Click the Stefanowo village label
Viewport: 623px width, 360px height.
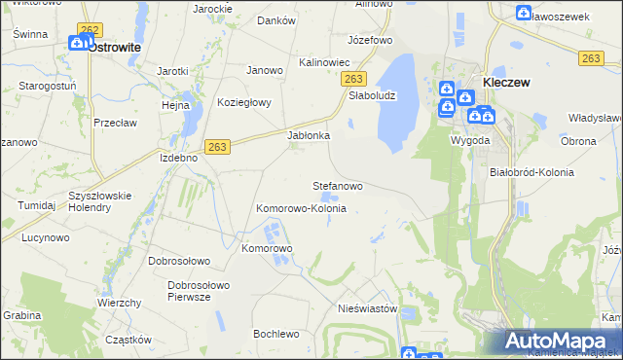click(337, 185)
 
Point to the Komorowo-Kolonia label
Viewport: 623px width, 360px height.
click(301, 208)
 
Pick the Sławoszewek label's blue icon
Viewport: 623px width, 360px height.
click(524, 14)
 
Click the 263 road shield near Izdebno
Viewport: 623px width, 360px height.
click(217, 146)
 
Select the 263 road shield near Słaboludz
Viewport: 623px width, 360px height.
click(355, 79)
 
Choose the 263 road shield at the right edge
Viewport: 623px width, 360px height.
click(590, 58)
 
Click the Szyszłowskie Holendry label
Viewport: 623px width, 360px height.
click(100, 199)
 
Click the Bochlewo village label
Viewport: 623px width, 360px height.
click(275, 334)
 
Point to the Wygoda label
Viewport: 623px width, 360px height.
click(469, 139)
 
